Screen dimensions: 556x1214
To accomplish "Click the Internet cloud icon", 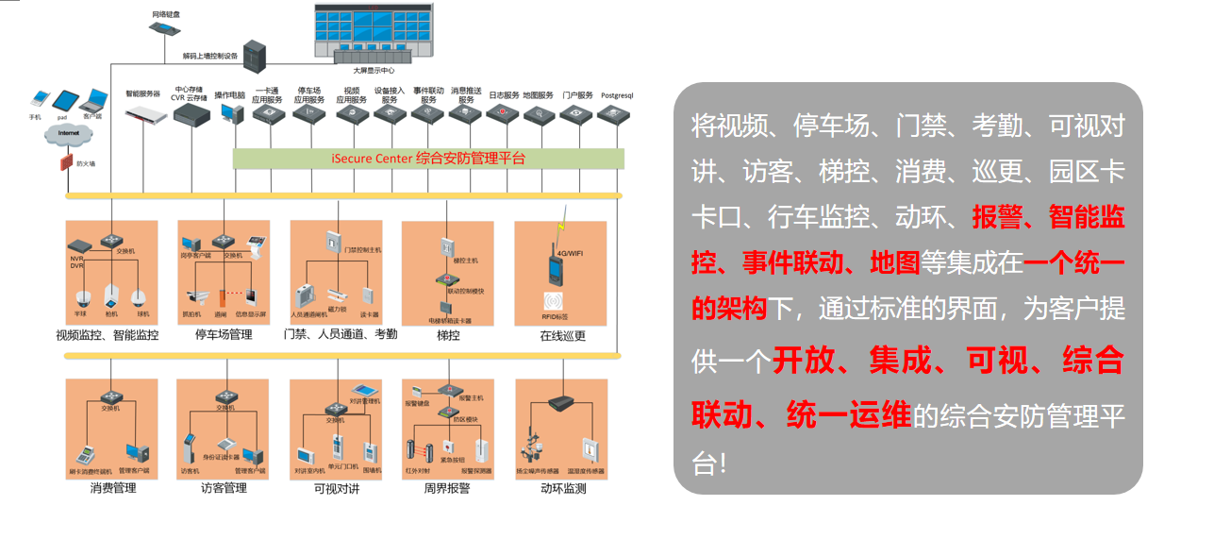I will [68, 135].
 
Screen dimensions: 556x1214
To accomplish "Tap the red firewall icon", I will [66, 162].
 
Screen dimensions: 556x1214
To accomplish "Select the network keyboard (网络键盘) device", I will [165, 28].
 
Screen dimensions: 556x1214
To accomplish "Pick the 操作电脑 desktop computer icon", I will [229, 113].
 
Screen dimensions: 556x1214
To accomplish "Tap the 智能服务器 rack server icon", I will [143, 111].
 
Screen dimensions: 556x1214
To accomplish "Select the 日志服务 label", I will [504, 95].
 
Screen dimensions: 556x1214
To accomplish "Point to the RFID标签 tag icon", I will [554, 302].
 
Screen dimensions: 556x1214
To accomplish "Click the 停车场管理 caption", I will [224, 334].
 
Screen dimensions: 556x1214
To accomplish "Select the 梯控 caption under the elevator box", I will [449, 334].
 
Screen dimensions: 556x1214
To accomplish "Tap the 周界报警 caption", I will [448, 488].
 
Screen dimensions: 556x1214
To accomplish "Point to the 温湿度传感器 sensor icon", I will [588, 450].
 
